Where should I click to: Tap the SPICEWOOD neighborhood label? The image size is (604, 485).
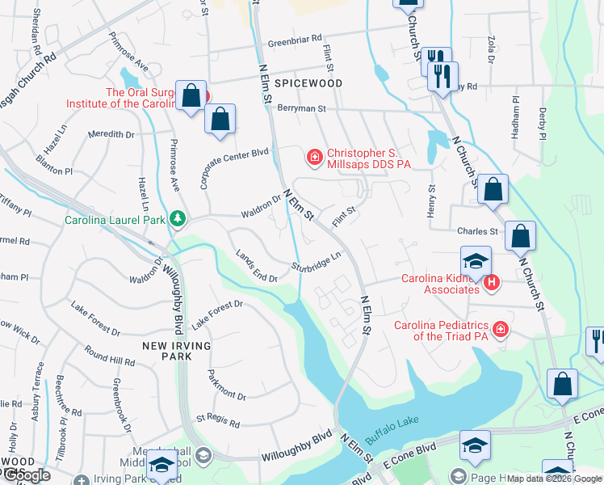tap(308, 83)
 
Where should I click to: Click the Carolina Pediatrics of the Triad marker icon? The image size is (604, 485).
tap(501, 331)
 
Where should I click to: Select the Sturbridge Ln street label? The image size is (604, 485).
tap(317, 261)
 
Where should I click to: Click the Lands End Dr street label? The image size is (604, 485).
tap(257, 266)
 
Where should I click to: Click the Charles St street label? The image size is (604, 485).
tap(476, 231)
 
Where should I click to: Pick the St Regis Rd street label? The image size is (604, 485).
tap(218, 422)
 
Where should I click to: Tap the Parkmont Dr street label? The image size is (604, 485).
tap(226, 385)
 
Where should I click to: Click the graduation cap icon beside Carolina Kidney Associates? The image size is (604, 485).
tap(476, 262)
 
